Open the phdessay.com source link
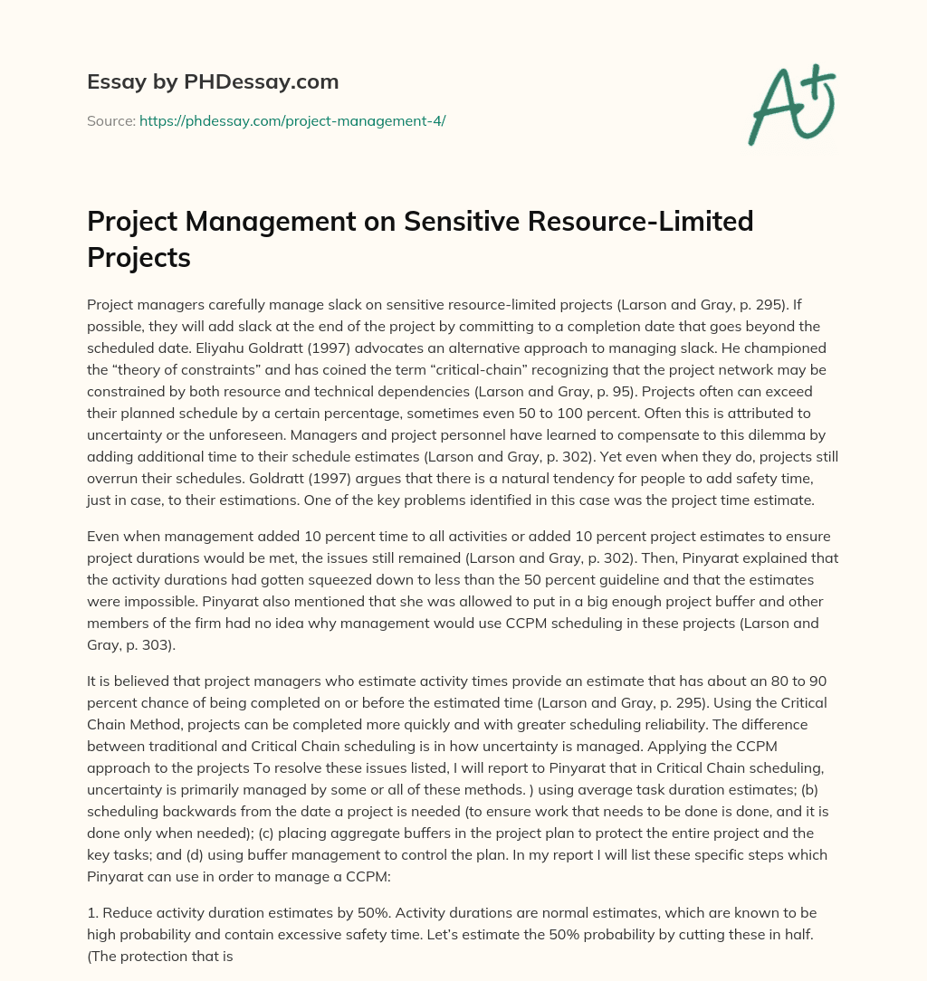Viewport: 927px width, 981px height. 291,119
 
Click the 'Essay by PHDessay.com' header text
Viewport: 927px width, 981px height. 213,82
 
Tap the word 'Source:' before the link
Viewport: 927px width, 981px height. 111,119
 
